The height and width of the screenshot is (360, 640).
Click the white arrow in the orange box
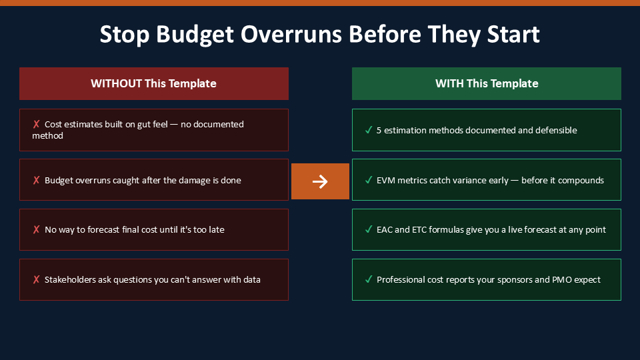pos(320,181)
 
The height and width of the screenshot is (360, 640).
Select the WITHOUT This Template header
pos(154,84)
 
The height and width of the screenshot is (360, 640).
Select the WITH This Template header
pos(487,84)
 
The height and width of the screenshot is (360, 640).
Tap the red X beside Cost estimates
pos(36,124)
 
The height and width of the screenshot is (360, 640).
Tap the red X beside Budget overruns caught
pos(36,180)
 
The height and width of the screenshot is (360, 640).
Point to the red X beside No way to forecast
pos(36,229)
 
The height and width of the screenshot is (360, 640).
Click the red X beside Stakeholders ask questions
pos(36,279)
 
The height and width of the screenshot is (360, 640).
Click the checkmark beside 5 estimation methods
pos(369,130)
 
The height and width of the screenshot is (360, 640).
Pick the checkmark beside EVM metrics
pos(369,180)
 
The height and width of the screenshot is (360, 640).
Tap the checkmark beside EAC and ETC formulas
pos(369,229)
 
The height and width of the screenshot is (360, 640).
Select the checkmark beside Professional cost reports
pos(369,279)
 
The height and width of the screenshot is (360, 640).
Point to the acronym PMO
pos(562,279)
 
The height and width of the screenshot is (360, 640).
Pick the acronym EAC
pos(385,230)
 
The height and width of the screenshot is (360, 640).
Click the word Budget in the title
pos(195,34)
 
